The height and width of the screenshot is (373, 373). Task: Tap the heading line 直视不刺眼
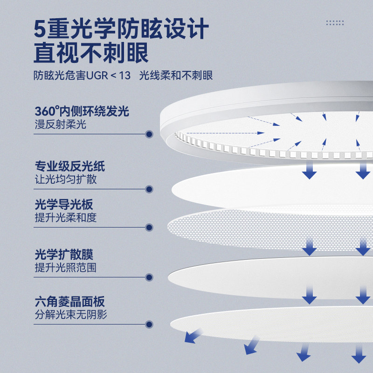[x=91, y=53]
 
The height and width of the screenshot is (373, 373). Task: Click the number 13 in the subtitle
[x=124, y=76]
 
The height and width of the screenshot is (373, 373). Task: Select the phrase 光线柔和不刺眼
[x=176, y=76]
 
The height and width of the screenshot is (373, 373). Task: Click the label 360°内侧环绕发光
[x=82, y=111]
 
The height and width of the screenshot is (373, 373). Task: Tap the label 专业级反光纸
[x=70, y=166]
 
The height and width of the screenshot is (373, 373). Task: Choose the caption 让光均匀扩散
[x=66, y=180]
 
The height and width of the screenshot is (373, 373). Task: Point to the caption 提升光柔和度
[x=66, y=218]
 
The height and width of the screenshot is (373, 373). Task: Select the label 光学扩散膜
[x=64, y=255]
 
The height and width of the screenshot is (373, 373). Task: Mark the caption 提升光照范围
[x=66, y=268]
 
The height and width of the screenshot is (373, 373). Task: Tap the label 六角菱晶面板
[x=70, y=301]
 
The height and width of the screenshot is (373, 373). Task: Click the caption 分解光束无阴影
[x=71, y=315]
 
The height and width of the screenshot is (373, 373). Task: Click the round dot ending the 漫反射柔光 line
[x=149, y=134]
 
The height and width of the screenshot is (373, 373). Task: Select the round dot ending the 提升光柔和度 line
[x=149, y=228]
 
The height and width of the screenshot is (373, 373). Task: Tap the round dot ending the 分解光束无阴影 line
[x=149, y=324]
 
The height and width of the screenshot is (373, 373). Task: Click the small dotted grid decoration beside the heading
[x=335, y=22]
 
